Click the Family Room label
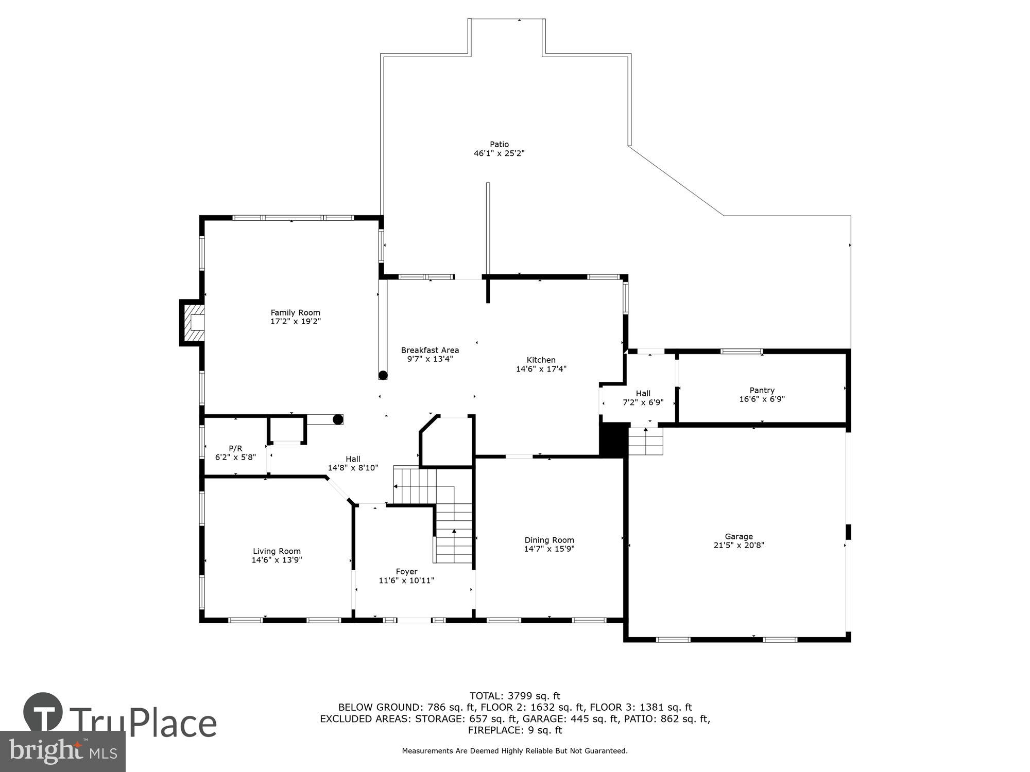[x=295, y=312]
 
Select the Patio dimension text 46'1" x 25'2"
[x=499, y=153]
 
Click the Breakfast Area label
[x=430, y=350]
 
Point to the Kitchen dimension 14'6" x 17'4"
[x=541, y=369]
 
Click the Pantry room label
[x=762, y=390]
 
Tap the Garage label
[x=739, y=536]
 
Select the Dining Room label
[x=549, y=540]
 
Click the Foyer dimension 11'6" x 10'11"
[x=406, y=581]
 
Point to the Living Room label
[x=277, y=551]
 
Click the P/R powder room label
[x=235, y=448]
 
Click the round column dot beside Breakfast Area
[x=383, y=375]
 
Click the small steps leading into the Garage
[x=646, y=442]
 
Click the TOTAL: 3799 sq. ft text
[x=514, y=696]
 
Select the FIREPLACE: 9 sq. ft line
[x=514, y=730]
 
